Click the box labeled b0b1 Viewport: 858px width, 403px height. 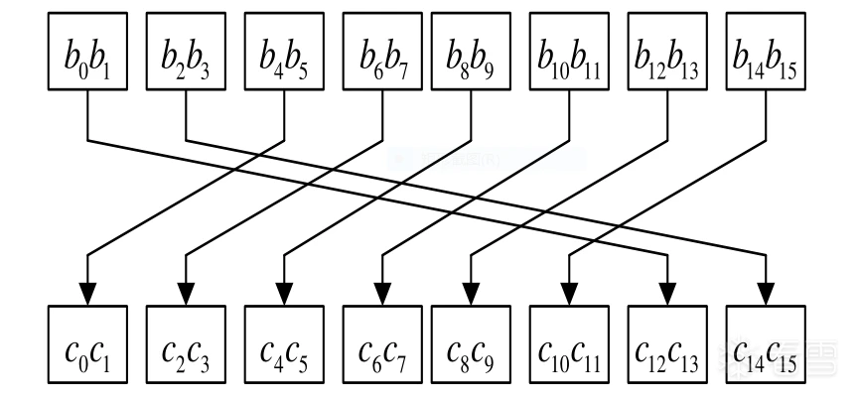(x=87, y=52)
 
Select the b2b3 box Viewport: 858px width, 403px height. (x=186, y=52)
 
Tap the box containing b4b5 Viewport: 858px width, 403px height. (x=284, y=52)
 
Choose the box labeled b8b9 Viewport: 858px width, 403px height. (x=469, y=52)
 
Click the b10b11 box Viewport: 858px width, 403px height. (x=568, y=52)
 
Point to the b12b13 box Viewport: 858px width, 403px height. (x=666, y=52)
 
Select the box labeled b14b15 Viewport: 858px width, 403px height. (x=765, y=52)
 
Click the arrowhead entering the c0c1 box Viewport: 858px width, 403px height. (x=87, y=295)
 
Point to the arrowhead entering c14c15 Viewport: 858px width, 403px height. (x=765, y=295)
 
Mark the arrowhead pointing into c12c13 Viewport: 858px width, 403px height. (x=666, y=295)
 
